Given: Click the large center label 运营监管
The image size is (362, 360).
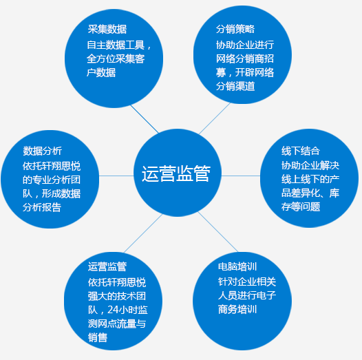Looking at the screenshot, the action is click(176, 173).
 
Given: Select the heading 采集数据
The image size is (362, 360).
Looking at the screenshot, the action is click(107, 30).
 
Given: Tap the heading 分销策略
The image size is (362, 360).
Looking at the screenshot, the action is click(235, 30).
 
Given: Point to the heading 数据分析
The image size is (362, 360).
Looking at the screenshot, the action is click(42, 151).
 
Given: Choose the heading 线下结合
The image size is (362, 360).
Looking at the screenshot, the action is click(301, 151).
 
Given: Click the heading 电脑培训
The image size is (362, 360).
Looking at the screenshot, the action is click(237, 266).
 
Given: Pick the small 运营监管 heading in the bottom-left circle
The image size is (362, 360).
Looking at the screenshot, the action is click(107, 266).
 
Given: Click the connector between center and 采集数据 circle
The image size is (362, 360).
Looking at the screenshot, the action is click(145, 119).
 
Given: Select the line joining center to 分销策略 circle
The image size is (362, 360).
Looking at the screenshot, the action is click(215, 118).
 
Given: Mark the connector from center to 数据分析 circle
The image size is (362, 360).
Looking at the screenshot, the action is click(116, 176).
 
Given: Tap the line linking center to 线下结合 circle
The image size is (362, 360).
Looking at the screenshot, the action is click(241, 176).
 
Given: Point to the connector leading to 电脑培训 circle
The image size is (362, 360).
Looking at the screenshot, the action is click(217, 231).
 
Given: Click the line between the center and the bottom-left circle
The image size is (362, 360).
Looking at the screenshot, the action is click(143, 233).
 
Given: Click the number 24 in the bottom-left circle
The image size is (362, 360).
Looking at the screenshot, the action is click(113, 310).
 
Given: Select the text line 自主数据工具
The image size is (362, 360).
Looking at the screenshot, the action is click(116, 45).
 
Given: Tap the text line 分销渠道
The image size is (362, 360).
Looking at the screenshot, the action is click(235, 86).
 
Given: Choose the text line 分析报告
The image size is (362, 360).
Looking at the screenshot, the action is click(42, 207).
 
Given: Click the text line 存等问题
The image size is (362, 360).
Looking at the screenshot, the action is click(301, 207).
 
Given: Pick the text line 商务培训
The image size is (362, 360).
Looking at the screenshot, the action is click(237, 309).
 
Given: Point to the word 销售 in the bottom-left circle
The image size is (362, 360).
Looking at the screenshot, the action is click(98, 337).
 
